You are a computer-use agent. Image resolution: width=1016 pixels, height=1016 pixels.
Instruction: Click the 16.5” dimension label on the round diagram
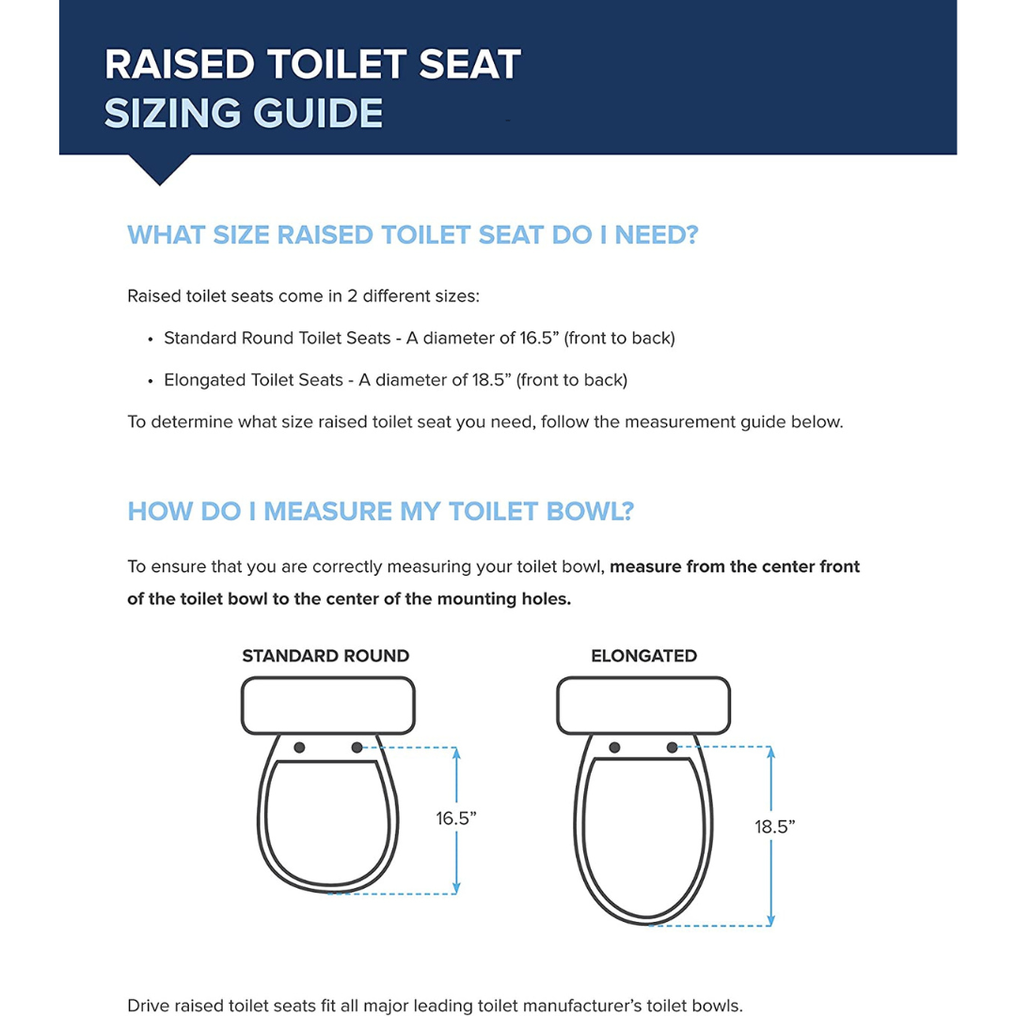(456, 818)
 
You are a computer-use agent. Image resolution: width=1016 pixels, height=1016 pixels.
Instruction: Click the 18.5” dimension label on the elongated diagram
(775, 826)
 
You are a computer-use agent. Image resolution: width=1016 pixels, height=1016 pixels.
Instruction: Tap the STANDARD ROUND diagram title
(325, 656)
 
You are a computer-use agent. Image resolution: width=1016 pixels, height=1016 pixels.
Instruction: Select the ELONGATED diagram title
(643, 656)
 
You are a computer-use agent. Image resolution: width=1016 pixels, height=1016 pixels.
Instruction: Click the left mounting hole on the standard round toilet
(299, 747)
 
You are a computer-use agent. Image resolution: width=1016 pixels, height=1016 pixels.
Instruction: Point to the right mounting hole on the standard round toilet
(357, 747)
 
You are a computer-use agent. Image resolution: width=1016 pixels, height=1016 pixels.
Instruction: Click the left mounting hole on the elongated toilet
(614, 747)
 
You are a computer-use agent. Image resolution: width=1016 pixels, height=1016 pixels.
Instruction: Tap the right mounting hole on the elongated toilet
(672, 747)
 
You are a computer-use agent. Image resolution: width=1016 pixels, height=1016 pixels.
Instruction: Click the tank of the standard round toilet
(328, 706)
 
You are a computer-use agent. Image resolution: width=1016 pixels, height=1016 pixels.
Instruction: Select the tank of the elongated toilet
(643, 706)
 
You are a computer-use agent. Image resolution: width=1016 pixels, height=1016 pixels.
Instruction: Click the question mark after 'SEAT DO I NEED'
(691, 234)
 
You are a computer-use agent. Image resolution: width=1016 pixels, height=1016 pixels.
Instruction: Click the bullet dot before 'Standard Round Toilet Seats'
(151, 339)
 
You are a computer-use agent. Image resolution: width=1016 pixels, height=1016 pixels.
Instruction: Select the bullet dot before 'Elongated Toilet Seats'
(151, 381)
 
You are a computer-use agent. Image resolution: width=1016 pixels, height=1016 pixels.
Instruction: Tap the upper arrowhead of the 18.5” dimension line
(771, 753)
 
